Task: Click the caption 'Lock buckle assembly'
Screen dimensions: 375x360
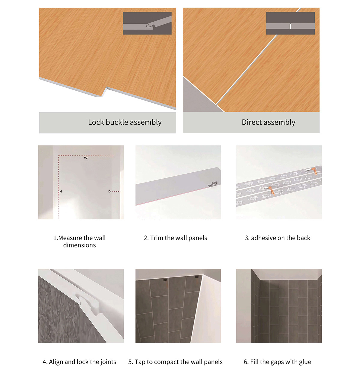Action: pyautogui.click(x=125, y=122)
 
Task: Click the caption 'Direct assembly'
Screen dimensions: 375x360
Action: pyautogui.click(x=268, y=122)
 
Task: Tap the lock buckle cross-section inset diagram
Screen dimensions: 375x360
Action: pyautogui.click(x=147, y=23)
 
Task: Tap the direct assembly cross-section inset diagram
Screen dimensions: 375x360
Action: pyautogui.click(x=290, y=23)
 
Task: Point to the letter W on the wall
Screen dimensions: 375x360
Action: pyautogui.click(x=86, y=158)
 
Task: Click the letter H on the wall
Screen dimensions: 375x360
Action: pyautogui.click(x=61, y=191)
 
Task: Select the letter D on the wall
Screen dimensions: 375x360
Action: pyautogui.click(x=109, y=191)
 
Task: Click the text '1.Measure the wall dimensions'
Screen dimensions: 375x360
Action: pyautogui.click(x=79, y=241)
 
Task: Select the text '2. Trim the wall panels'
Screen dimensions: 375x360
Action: pyautogui.click(x=175, y=238)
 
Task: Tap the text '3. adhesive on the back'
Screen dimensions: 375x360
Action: pyautogui.click(x=277, y=238)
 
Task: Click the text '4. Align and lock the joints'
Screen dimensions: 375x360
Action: pyautogui.click(x=79, y=362)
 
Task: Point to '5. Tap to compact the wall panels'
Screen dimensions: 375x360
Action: pyautogui.click(x=175, y=362)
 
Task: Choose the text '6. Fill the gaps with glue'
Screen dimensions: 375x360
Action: pyautogui.click(x=277, y=362)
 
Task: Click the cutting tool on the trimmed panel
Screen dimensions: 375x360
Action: pyautogui.click(x=213, y=184)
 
